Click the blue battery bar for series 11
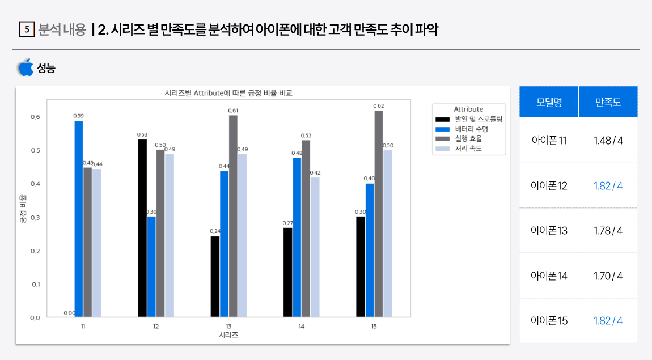coord(79,219)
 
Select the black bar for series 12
coord(142,228)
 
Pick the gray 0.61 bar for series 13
coord(233,216)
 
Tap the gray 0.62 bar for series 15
coord(379,214)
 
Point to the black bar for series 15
coord(361,266)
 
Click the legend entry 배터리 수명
coord(471,129)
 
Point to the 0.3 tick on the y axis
coord(35,218)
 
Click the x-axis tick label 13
coord(228,327)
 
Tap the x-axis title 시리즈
coord(228,335)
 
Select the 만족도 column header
coord(608,102)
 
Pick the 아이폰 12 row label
coord(548,186)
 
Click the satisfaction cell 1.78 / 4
coord(608,231)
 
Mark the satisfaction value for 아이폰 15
coord(608,321)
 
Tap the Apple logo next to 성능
coord(26,67)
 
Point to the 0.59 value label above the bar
coord(79,116)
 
